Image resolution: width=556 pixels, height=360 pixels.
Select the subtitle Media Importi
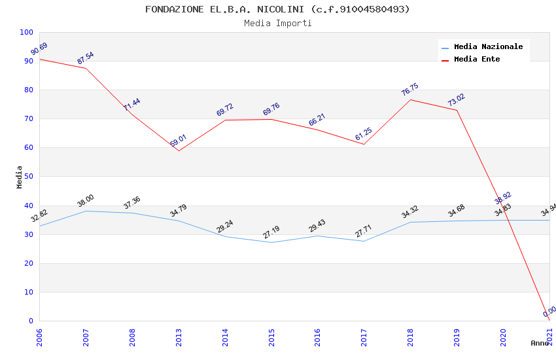[277, 23]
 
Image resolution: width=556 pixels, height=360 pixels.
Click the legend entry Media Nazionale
[488, 46]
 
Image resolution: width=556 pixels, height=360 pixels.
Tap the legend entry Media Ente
[477, 59]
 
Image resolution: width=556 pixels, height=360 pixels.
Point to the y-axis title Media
[19, 177]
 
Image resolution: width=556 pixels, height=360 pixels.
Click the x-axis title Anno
[540, 343]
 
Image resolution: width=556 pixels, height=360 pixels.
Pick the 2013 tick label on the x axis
[179, 337]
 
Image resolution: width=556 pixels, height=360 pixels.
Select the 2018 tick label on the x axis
[410, 337]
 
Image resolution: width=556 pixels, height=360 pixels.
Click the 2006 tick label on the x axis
[39, 337]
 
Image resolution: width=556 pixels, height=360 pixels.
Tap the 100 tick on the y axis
[26, 32]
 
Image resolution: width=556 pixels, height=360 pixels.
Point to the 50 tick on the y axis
[28, 177]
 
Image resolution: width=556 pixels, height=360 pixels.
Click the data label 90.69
[39, 49]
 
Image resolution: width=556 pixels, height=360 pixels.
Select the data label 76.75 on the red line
[409, 90]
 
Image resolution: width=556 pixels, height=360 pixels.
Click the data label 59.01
[178, 141]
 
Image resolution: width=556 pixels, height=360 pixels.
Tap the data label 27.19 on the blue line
[271, 232]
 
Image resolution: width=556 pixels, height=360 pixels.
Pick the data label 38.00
[85, 201]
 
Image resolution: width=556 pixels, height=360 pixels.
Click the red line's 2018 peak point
[410, 99]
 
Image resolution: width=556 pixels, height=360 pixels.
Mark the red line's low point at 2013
[179, 151]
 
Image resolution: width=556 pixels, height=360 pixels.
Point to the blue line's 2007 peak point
[86, 211]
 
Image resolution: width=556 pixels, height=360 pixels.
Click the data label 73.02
[456, 100]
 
